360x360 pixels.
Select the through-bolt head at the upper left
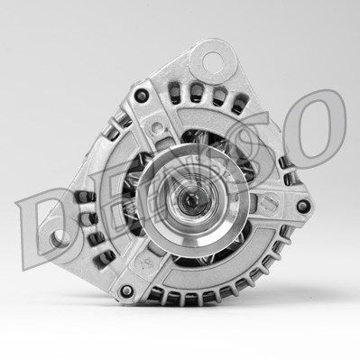pos(141,95)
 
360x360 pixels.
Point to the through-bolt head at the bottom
pos(129,291)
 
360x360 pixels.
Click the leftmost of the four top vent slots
pos(174,90)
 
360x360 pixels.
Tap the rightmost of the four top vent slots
pos(239,102)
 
